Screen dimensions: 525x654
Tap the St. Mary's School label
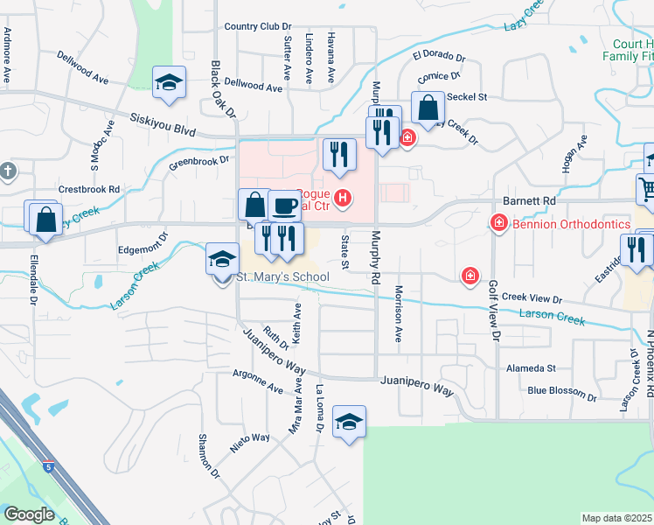click(283, 277)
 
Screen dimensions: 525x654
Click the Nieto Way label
click(249, 437)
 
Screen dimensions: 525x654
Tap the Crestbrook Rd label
click(88, 188)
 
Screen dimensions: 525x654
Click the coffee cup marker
click(284, 206)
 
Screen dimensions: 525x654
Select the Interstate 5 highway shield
click(45, 468)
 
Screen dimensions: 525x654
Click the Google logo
click(29, 514)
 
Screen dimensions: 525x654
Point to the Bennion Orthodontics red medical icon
click(498, 224)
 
